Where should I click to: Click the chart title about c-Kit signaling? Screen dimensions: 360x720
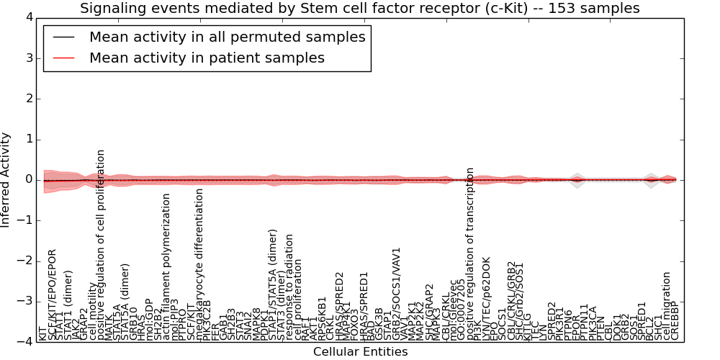click(x=359, y=9)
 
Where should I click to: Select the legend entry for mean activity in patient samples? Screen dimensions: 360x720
click(x=207, y=58)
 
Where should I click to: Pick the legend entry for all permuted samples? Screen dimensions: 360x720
click(x=227, y=37)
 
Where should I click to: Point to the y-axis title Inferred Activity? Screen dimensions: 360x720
click(x=6, y=180)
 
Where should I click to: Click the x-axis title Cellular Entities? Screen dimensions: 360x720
click(x=360, y=352)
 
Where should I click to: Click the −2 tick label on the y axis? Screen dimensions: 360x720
click(x=25, y=261)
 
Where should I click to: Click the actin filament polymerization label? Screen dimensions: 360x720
click(x=166, y=267)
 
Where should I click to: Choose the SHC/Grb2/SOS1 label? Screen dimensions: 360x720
click(x=518, y=301)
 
